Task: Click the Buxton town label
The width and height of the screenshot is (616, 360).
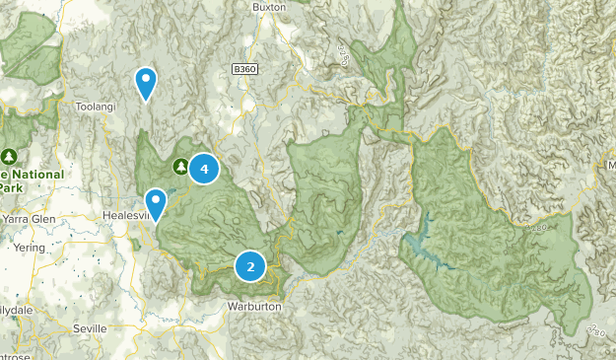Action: [268, 6]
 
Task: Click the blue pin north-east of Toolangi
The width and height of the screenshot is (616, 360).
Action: [146, 83]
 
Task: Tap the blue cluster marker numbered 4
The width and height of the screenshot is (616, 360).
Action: [204, 170]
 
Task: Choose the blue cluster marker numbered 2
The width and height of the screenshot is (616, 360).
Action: [250, 265]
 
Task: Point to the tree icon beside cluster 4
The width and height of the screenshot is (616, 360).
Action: [180, 166]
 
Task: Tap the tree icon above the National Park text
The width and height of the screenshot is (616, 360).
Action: [10, 156]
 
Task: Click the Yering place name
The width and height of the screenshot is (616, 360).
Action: [29, 248]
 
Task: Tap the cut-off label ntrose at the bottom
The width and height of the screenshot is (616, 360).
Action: [14, 354]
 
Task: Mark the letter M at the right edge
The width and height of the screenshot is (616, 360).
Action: [610, 164]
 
